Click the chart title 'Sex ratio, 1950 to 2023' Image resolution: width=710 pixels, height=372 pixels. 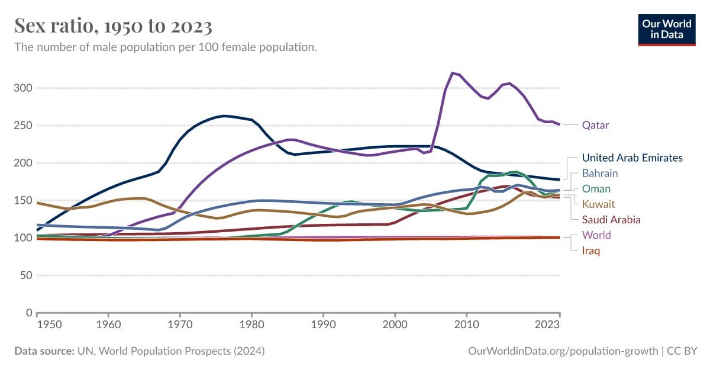pos(113,26)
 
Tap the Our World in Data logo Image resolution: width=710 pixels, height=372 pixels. pos(666,28)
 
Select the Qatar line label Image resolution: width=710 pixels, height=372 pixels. pos(595,125)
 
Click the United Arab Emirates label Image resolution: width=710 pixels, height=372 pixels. pos(632,158)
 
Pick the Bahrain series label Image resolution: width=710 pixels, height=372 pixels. pos(599,174)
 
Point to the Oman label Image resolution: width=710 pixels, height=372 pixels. pos(596,189)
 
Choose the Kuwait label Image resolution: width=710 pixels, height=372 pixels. pos(598,204)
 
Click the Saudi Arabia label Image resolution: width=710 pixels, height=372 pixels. pos(611,220)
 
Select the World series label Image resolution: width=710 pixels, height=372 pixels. pos(596,235)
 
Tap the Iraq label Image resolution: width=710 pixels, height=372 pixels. pos(590,251)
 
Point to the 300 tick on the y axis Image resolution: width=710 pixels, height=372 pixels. pos(23,88)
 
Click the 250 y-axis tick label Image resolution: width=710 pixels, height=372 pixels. pos(23,126)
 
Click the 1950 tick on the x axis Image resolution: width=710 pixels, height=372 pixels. pos(37,325)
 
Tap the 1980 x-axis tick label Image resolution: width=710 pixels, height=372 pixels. pos(251,325)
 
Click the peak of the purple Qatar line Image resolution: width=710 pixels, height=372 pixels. pos(453,73)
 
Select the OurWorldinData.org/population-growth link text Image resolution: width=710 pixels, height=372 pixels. pos(563,351)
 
